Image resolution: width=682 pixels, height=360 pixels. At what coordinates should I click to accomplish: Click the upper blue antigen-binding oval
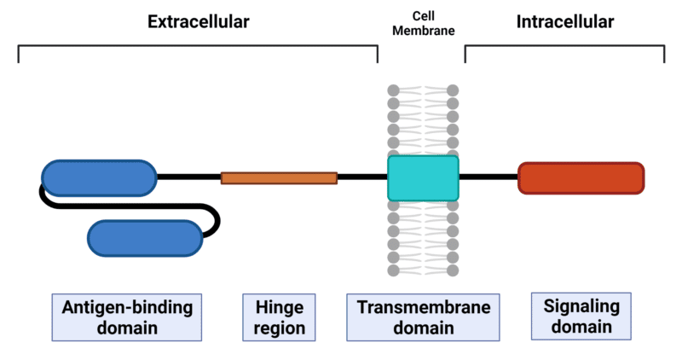tap(99, 177)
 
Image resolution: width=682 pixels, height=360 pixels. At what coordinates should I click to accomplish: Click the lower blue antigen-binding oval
tap(145, 238)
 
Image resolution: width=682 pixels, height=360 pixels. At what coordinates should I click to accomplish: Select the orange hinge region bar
tap(279, 177)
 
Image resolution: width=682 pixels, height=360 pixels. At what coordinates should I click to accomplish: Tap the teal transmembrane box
tap(423, 177)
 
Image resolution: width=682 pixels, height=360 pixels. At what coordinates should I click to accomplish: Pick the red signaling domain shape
tap(581, 177)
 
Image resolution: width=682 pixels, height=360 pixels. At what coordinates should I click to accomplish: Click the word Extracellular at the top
tap(198, 22)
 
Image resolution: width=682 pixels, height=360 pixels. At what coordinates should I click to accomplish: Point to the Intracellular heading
tap(564, 22)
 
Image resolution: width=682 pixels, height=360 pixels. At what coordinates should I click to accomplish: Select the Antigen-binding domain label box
tap(127, 316)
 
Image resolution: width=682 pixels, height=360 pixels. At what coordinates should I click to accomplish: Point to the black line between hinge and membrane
tap(362, 177)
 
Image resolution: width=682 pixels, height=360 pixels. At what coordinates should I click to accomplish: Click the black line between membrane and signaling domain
tap(488, 177)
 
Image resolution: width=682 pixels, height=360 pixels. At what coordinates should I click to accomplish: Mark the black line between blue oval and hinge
tap(188, 177)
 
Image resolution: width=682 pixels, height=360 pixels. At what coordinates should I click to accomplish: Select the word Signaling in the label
tap(569, 305)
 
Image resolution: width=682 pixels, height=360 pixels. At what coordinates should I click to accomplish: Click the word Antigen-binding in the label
tap(127, 306)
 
